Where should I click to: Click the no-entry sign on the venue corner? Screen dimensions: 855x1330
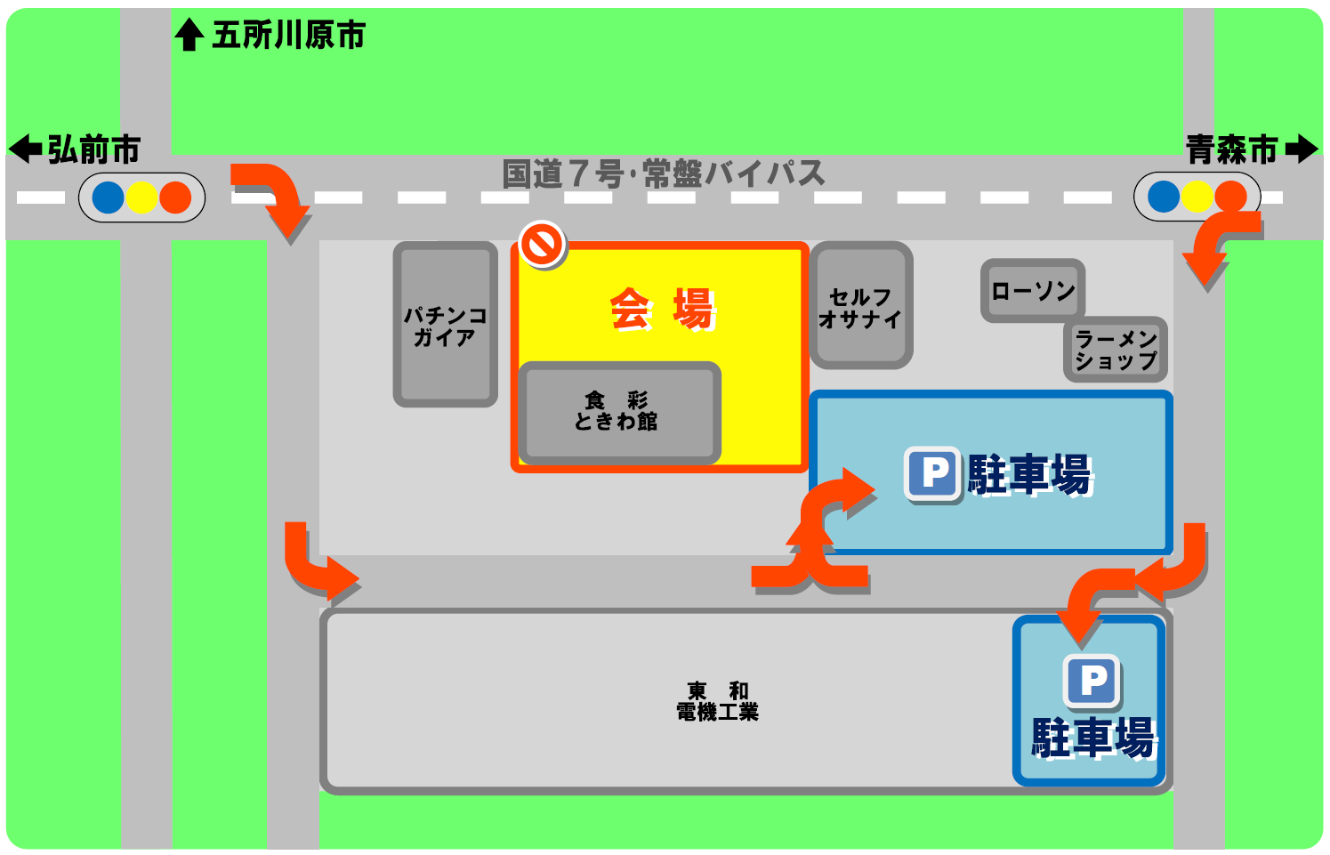pyautogui.click(x=543, y=243)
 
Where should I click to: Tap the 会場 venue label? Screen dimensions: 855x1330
pyautogui.click(x=662, y=310)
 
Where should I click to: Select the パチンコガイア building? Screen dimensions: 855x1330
pyautogui.click(x=445, y=325)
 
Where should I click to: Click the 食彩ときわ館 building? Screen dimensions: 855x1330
pyautogui.click(x=619, y=411)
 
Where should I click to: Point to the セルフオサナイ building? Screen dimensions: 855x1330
pyautogui.click(x=860, y=305)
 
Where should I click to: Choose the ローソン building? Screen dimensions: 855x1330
pyautogui.click(x=1032, y=290)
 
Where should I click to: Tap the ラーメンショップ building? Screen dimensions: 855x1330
pyautogui.click(x=1115, y=349)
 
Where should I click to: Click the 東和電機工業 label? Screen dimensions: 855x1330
pyautogui.click(x=718, y=701)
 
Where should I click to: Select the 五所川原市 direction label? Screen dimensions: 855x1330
pyautogui.click(x=288, y=36)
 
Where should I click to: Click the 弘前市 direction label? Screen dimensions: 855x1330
pyautogui.click(x=94, y=149)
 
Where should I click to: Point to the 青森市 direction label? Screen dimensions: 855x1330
pyautogui.click(x=1231, y=149)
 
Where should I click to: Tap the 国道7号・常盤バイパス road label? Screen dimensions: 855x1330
pyautogui.click(x=664, y=173)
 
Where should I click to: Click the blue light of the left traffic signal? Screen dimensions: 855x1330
pyautogui.click(x=109, y=197)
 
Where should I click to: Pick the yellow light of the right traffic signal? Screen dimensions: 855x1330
pyautogui.click(x=1197, y=196)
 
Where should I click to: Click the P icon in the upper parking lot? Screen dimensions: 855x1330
pyautogui.click(x=933, y=473)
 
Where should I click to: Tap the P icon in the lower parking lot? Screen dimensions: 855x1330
pyautogui.click(x=1092, y=682)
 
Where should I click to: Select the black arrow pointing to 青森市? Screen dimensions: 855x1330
pyautogui.click(x=1302, y=149)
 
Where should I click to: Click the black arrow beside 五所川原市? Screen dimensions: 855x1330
pyautogui.click(x=189, y=36)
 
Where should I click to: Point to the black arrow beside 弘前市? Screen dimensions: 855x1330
pyautogui.click(x=25, y=149)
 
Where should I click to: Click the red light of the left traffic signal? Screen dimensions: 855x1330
pyautogui.click(x=175, y=197)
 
